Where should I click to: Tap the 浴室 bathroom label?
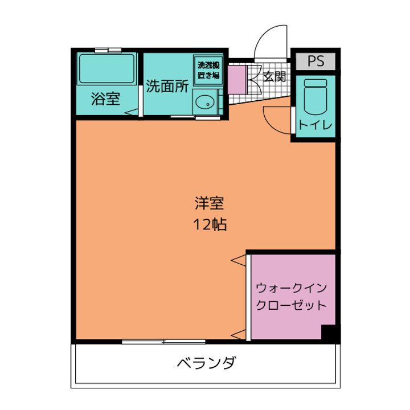click(105, 99)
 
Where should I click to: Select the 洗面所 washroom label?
click(167, 86)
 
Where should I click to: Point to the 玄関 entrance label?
click(274, 76)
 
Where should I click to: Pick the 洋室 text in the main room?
click(208, 203)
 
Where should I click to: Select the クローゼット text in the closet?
click(291, 305)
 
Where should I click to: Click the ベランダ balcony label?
click(206, 363)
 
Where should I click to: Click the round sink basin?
click(205, 103)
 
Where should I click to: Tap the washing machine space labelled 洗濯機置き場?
click(208, 70)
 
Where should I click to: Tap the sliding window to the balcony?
click(163, 342)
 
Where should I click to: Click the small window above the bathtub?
click(108, 50)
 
